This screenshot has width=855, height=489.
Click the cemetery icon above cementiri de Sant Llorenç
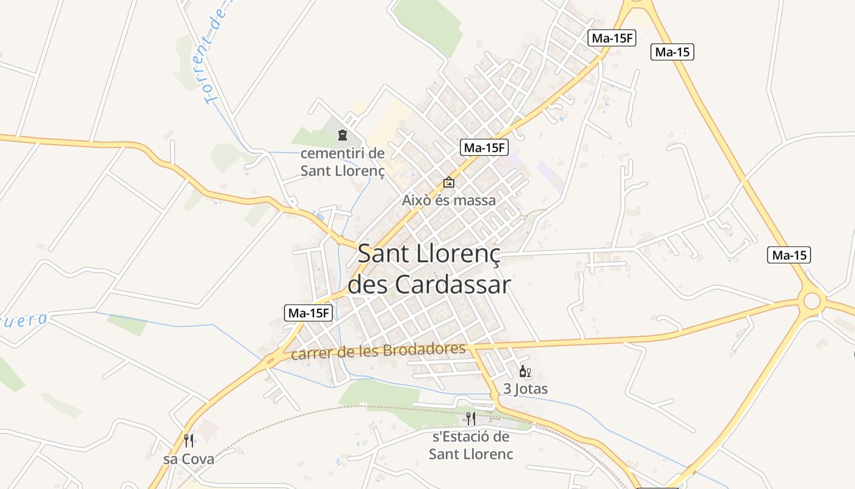(x=343, y=135)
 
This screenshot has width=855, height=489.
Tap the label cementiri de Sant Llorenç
(x=343, y=162)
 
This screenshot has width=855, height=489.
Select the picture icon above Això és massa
(x=449, y=182)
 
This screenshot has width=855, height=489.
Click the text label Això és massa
(x=449, y=200)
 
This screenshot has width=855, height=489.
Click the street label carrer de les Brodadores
(x=379, y=351)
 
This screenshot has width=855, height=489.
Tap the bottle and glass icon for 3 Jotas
(x=525, y=372)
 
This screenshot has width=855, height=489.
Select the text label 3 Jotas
(x=525, y=389)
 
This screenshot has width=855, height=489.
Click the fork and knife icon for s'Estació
(x=471, y=419)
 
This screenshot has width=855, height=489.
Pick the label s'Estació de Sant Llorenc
(x=471, y=446)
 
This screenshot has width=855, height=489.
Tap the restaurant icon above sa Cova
(x=189, y=441)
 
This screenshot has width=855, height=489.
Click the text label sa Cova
(x=189, y=458)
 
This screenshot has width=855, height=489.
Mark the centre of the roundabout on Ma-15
(x=812, y=301)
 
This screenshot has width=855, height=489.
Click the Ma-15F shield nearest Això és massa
(x=484, y=147)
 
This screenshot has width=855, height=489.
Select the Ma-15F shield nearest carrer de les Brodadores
(x=309, y=314)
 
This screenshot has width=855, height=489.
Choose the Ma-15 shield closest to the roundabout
(x=789, y=256)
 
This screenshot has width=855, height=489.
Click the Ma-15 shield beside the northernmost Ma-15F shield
(x=672, y=52)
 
